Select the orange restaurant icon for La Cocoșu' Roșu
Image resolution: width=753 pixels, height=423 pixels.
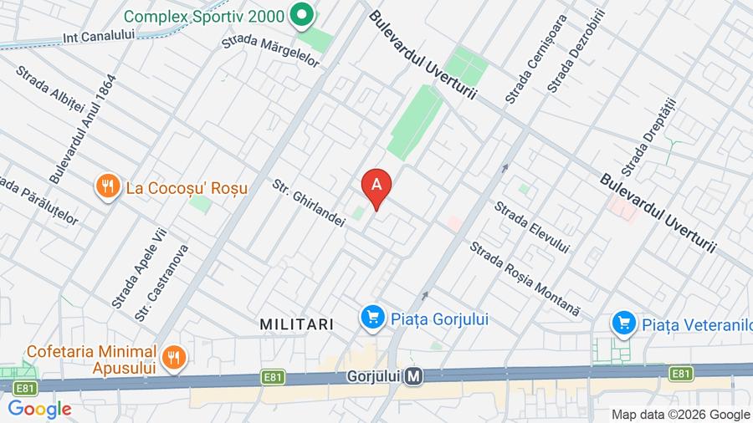106,187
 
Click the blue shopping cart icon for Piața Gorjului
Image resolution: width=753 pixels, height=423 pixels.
372,318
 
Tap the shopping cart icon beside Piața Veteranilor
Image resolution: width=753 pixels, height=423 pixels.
622,323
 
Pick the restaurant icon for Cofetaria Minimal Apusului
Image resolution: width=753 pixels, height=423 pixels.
172,358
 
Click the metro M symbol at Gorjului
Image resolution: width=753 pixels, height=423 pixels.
413,377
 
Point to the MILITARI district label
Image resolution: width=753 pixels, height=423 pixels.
296,324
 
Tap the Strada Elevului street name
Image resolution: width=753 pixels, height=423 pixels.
531,227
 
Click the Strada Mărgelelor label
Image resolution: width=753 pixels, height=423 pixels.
271,49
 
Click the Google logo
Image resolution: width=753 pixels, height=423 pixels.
39,409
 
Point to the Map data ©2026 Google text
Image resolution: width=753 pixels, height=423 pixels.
680,414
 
